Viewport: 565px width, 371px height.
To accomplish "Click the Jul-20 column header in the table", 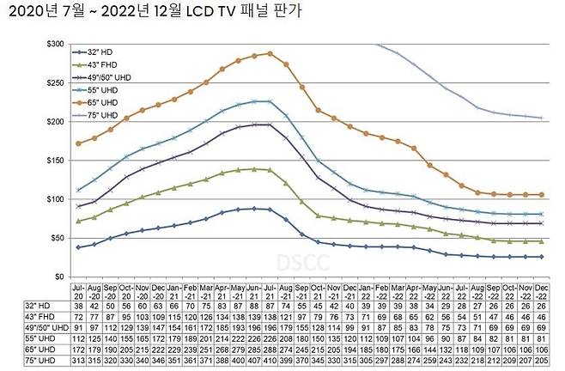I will pyautogui.click(x=80, y=289).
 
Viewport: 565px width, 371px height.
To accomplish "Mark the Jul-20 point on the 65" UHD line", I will pyautogui.click(x=80, y=143).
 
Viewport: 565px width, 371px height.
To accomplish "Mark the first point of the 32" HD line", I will pyautogui.click(x=80, y=247).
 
